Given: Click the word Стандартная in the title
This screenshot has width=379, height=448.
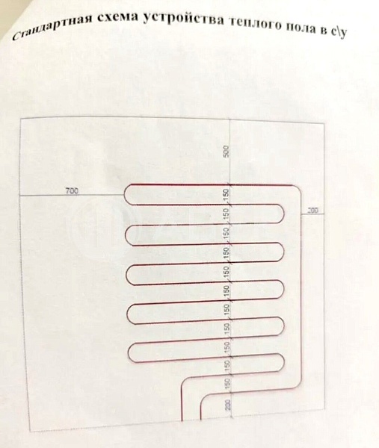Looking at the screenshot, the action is [52, 26].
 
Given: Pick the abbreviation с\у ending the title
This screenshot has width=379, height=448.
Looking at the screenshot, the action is [339, 31].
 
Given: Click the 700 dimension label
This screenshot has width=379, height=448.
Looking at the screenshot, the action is [72, 190].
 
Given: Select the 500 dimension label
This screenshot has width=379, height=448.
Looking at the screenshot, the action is [227, 151].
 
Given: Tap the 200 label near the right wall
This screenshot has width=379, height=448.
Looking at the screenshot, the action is [312, 211].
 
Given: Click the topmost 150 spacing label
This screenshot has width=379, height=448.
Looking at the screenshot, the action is [226, 194].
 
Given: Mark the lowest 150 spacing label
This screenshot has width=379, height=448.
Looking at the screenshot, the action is [227, 384].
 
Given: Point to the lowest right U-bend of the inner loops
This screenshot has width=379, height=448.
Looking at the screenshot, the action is [283, 363].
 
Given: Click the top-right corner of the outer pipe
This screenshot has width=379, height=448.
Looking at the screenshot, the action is [298, 188].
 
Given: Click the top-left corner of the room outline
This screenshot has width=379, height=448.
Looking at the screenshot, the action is [20, 118].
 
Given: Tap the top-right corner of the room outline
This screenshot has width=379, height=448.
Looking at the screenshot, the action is [324, 124].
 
